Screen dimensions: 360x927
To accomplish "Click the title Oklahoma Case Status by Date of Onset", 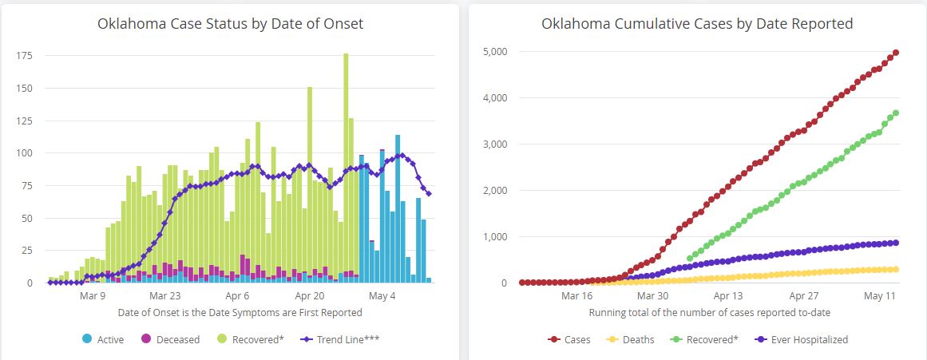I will coord(230,24).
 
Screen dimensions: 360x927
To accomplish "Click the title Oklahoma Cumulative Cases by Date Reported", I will coord(697,24).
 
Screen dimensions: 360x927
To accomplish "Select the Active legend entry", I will coord(104,339).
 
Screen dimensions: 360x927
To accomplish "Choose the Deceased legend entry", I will coord(171,339).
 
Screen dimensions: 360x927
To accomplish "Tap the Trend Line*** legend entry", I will coord(341,339).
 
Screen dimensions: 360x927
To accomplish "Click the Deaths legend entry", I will coord(630,339).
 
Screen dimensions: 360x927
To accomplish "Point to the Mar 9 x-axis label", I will coord(93,296).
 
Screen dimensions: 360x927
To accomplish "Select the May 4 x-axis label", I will coord(382,296).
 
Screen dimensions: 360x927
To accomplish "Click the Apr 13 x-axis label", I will coord(728,296).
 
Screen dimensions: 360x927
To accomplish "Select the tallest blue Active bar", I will coord(398,208).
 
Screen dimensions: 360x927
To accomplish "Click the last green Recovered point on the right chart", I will coord(896,113).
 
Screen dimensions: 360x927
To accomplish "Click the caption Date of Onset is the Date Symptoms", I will coord(240,312).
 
